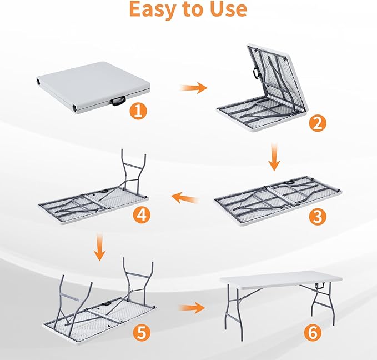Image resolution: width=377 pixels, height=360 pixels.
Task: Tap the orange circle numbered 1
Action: point(139,111)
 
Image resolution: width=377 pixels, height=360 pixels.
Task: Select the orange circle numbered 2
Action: point(317,123)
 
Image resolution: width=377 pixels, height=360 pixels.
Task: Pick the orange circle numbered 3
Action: point(317,217)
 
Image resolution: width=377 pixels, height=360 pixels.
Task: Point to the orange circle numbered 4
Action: point(142,214)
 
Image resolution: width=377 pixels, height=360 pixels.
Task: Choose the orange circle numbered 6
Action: point(314,333)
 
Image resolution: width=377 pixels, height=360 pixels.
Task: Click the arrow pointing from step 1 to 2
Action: point(193,88)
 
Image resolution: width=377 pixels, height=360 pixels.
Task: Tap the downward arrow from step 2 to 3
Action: point(274,158)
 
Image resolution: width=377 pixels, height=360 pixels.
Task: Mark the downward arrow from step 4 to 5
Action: point(99,248)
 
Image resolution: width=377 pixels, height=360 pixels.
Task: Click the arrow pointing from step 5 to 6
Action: point(192,308)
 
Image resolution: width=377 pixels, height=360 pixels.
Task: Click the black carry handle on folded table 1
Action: point(118,101)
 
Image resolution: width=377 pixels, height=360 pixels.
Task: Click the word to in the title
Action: point(190,9)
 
